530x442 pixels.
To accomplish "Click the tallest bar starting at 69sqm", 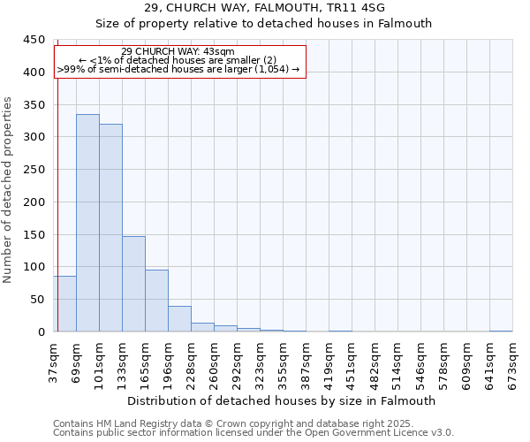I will pyautogui.click(x=87, y=223).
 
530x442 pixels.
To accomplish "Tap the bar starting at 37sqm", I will pyautogui.click(x=64, y=303).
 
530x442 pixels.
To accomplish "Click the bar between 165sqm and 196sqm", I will pyautogui.click(x=156, y=301).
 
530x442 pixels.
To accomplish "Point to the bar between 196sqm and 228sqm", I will pyautogui.click(x=179, y=318).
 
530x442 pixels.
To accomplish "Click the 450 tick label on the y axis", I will pyautogui.click(x=34, y=40).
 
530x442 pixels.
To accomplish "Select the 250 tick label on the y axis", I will pyautogui.click(x=34, y=170).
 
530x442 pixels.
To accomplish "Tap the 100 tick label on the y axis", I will pyautogui.click(x=34, y=267).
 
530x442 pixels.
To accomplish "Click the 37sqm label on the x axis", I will pyautogui.click(x=54, y=361).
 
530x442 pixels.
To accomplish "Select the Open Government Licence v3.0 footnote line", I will pyautogui.click(x=254, y=432).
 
